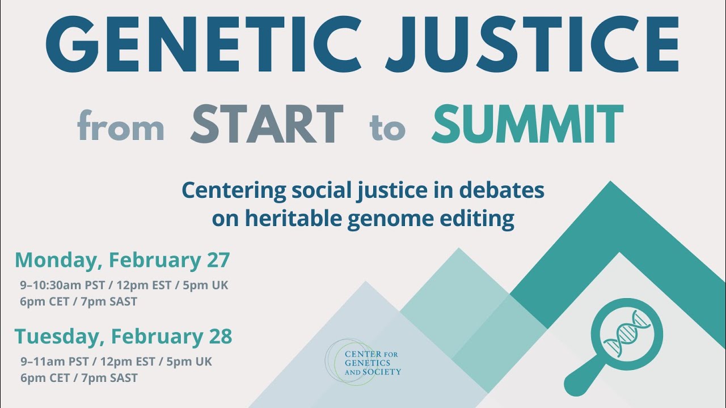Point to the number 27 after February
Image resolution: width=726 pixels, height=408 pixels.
click(216, 260)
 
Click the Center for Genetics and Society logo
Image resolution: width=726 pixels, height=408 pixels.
click(363, 363)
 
